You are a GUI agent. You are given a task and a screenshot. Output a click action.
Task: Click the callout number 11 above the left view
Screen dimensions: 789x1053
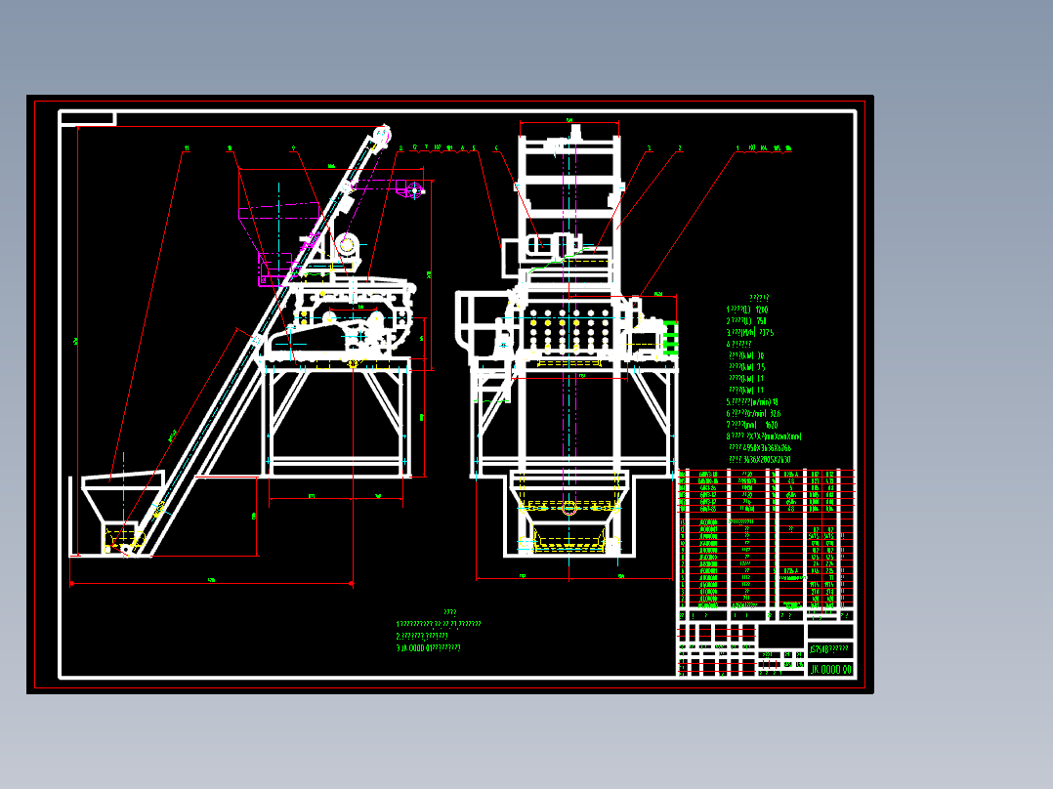(186, 148)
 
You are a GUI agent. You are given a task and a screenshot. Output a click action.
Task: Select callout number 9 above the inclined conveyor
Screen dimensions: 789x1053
(293, 148)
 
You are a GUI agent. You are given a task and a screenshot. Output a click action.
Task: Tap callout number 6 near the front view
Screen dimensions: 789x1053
(496, 148)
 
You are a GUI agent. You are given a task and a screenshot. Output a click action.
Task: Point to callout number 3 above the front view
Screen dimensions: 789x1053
(648, 148)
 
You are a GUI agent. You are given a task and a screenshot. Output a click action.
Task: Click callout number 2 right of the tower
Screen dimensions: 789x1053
(680, 148)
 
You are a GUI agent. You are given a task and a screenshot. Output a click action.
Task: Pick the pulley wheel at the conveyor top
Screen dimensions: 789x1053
(382, 132)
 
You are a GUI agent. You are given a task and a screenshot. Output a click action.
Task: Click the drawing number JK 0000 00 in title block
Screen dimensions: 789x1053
(830, 669)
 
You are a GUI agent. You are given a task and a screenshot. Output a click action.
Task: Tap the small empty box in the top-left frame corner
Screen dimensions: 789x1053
(88, 119)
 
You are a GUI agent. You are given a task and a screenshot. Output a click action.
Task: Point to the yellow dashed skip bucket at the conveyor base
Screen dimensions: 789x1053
(123, 537)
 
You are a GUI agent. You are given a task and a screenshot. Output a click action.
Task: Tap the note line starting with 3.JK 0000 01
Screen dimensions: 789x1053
(428, 646)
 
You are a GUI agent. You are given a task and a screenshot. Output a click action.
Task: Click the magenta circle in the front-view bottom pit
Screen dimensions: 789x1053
(569, 507)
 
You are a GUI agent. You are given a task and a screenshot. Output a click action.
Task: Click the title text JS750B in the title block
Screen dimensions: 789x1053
(829, 649)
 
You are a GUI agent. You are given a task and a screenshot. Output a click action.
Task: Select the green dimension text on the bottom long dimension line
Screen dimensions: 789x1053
(211, 581)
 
